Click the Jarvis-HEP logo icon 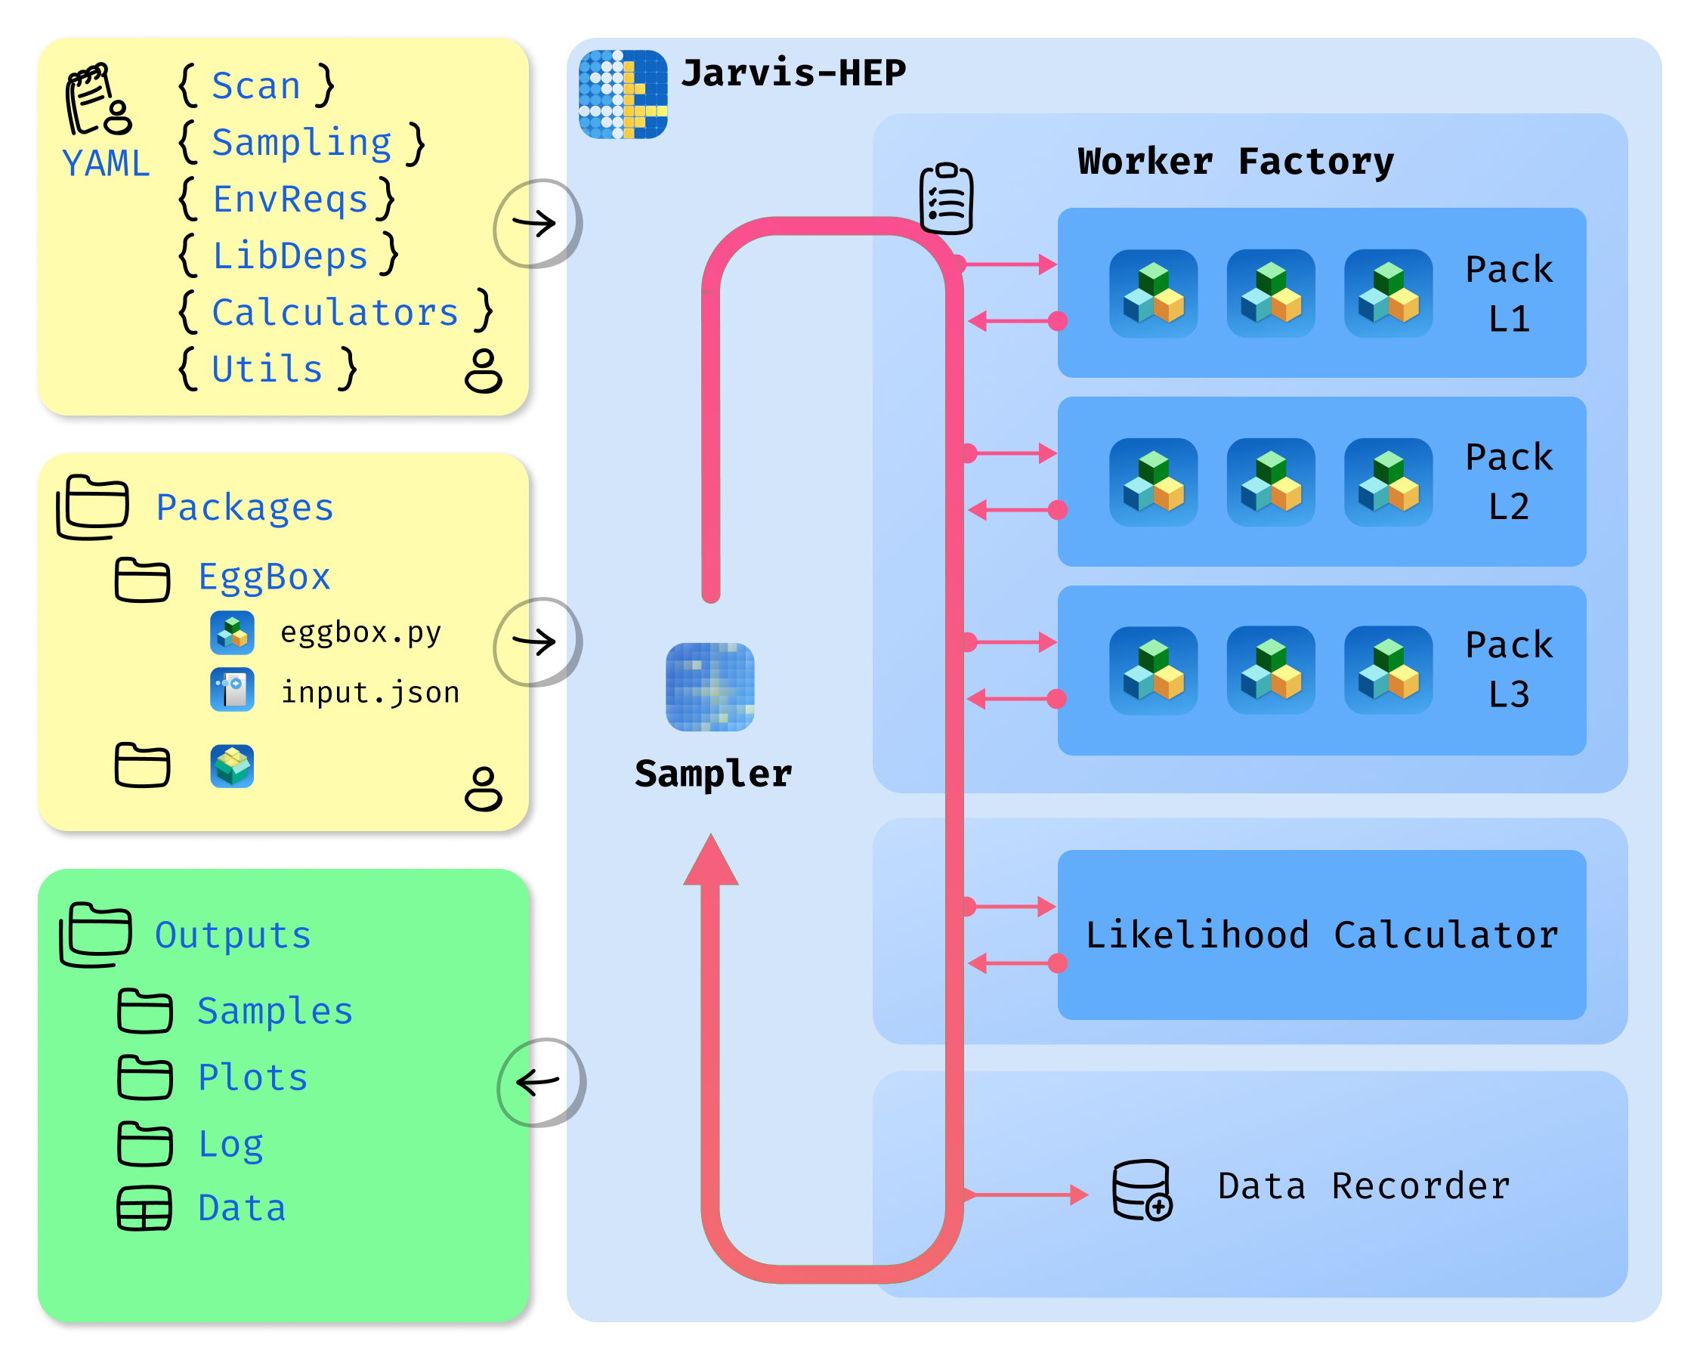623,94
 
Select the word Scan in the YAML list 256,85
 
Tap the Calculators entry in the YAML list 335,312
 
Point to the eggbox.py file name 360,632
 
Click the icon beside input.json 232,690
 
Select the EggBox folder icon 142,580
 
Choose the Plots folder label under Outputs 252,1077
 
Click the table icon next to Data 144,1208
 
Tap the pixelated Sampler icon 709,687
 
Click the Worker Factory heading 1235,162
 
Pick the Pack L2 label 1508,482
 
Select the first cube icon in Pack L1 1153,293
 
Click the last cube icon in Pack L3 1388,670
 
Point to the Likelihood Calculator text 1321,935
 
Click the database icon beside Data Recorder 1141,1190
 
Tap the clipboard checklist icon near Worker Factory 946,198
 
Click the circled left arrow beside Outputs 540,1083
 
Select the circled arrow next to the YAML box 536,223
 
